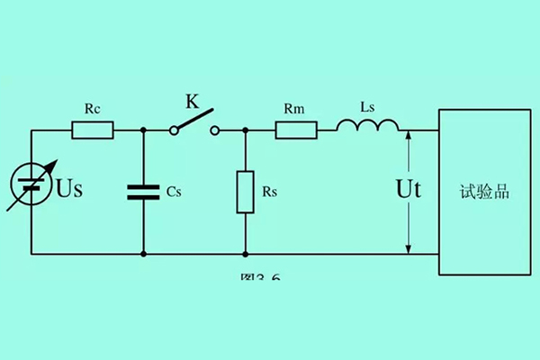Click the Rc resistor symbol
click(92, 130)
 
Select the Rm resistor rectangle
click(296, 130)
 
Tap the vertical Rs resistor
click(246, 192)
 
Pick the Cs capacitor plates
click(144, 192)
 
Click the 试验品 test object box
click(484, 192)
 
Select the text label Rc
click(92, 109)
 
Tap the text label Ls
click(367, 107)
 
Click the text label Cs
click(175, 192)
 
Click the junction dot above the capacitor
click(144, 130)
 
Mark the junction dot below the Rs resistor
click(246, 254)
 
